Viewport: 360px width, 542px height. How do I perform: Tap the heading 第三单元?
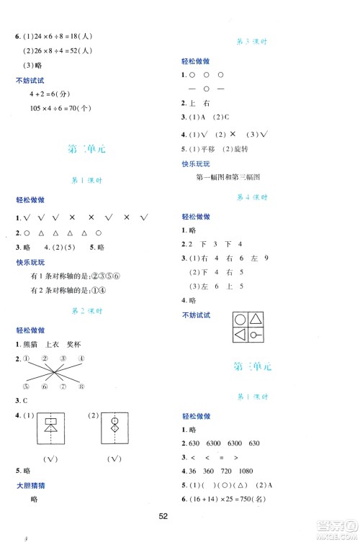[253, 366]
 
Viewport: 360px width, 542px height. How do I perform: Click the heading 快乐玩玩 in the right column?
[197, 164]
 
